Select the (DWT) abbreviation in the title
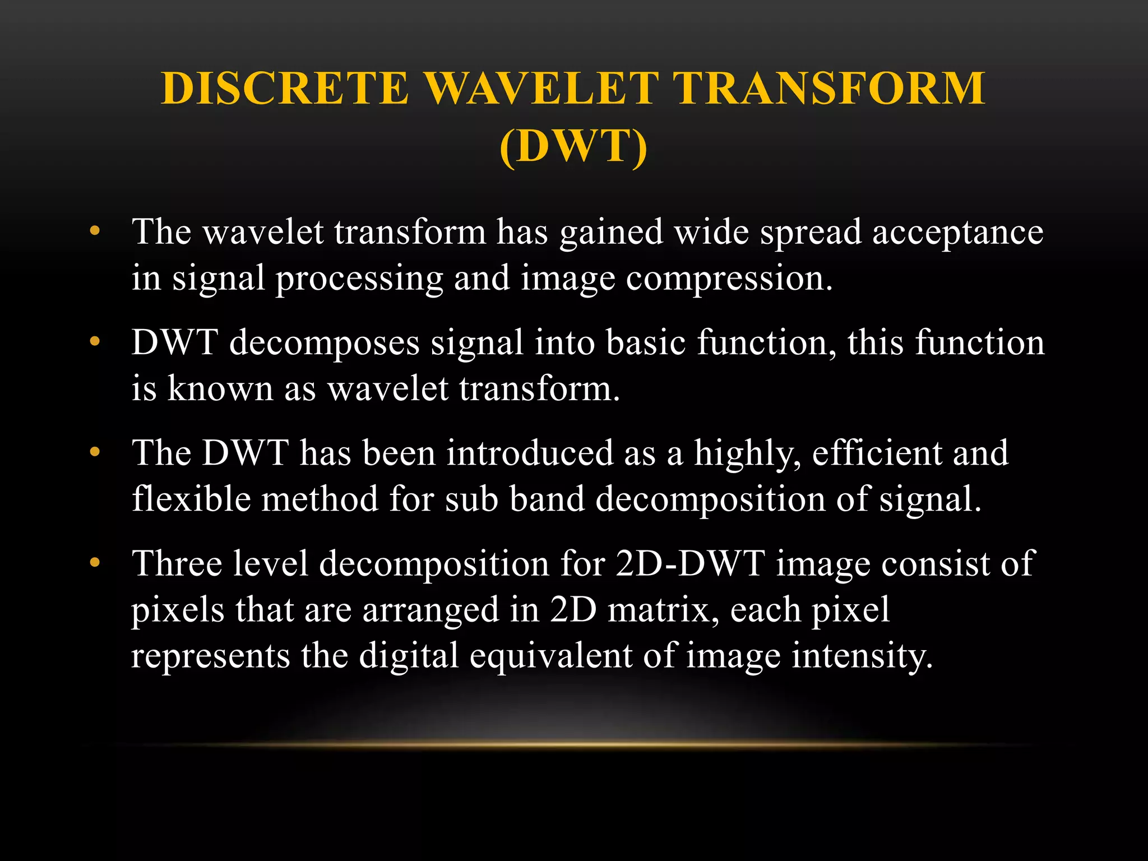point(573,146)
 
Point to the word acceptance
point(957,233)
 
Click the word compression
point(729,279)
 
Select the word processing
point(359,279)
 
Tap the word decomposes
point(325,342)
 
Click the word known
point(220,388)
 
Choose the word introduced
point(530,453)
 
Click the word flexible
point(191,499)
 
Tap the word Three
point(177,563)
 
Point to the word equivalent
point(551,655)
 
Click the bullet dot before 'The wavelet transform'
point(95,230)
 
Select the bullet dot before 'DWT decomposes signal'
point(95,341)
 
